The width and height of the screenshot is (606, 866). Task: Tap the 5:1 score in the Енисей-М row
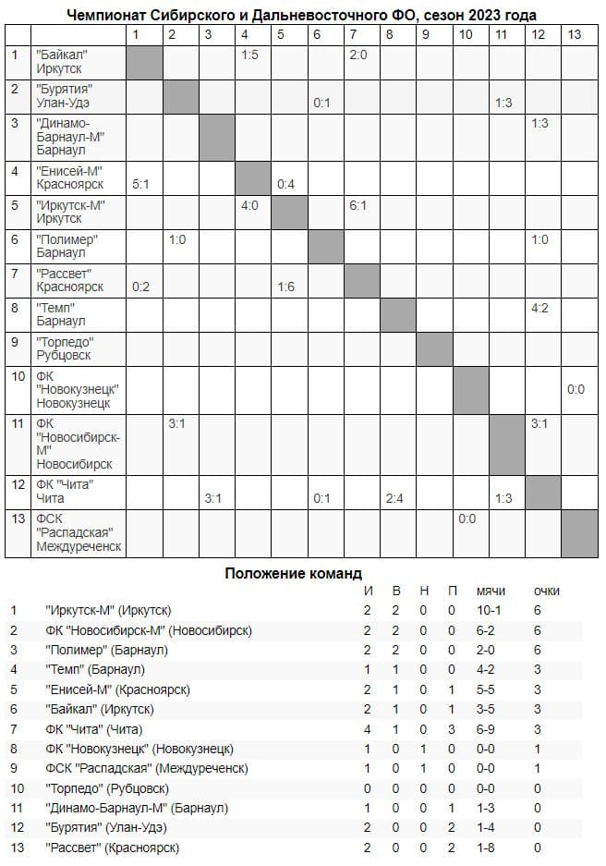point(140,183)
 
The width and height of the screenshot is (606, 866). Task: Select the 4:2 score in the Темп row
point(540,308)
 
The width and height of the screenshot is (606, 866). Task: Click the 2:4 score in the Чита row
point(395,499)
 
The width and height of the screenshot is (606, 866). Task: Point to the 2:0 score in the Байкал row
point(359,55)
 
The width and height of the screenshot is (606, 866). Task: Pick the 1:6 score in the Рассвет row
point(285,287)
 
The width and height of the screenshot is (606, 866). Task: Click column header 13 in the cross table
point(575,34)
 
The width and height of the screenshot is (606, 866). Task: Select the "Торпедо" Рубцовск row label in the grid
point(69,348)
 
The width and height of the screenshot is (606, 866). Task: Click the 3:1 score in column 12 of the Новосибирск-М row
point(540,424)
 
